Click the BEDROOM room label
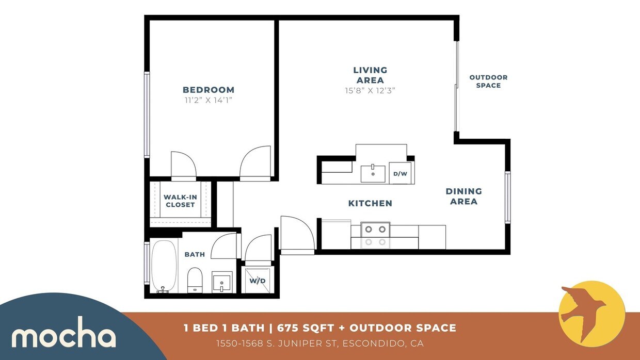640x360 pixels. coord(209,90)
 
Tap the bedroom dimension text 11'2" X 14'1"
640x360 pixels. coord(209,100)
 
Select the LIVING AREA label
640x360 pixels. coord(370,75)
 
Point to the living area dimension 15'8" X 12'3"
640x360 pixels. coord(370,90)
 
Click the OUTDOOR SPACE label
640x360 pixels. coord(488,81)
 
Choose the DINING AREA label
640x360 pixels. coord(463,196)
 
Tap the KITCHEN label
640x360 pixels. coord(370,203)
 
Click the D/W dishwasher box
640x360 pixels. coord(401,174)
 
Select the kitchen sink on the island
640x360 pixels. coord(373,174)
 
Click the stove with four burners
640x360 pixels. coord(375,235)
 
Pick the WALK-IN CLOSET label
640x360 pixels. coord(180,201)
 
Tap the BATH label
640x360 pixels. coord(195,254)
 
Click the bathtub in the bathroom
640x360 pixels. coord(164,267)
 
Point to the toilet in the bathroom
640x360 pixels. coord(195,280)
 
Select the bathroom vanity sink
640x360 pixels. coord(222,283)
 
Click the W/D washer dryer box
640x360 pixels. coord(258,281)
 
